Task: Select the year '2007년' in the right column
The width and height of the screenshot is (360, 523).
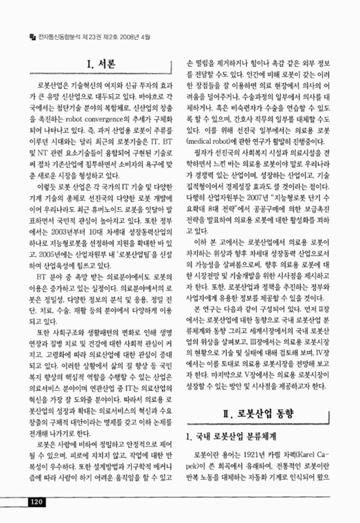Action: click(268, 197)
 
